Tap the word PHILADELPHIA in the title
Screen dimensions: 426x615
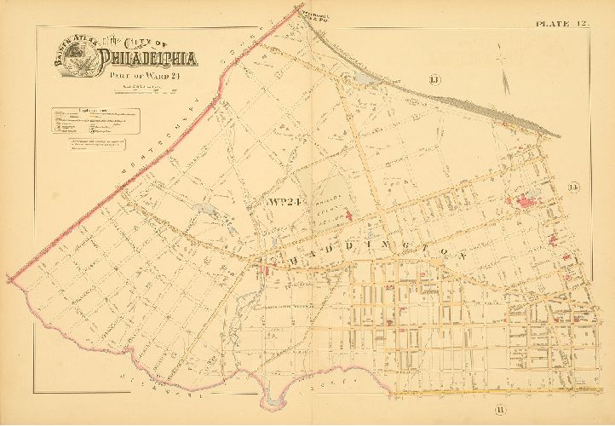(148, 60)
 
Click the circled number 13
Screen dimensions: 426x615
(434, 80)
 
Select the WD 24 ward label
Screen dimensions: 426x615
(282, 202)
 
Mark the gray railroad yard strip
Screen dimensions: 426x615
(477, 106)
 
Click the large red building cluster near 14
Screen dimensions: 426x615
(524, 203)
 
